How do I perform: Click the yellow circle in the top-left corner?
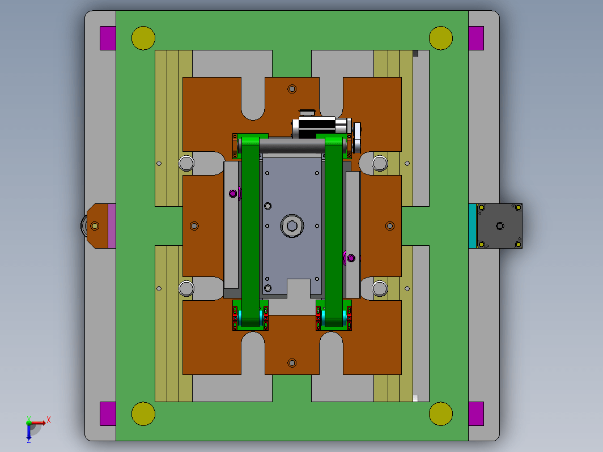tap(143, 38)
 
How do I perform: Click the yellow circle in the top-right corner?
tap(441, 38)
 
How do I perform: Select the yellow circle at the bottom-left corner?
tap(143, 413)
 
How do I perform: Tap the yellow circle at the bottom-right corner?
tap(441, 413)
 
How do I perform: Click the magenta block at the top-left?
tap(108, 38)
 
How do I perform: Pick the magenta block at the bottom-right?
tap(476, 413)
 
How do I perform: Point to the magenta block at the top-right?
tap(476, 38)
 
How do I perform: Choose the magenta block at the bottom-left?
tap(108, 413)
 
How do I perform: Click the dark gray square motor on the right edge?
tap(499, 226)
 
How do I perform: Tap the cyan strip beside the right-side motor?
tap(473, 226)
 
